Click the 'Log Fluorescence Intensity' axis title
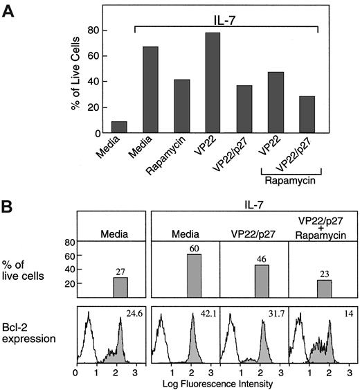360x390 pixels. coord(217,382)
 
